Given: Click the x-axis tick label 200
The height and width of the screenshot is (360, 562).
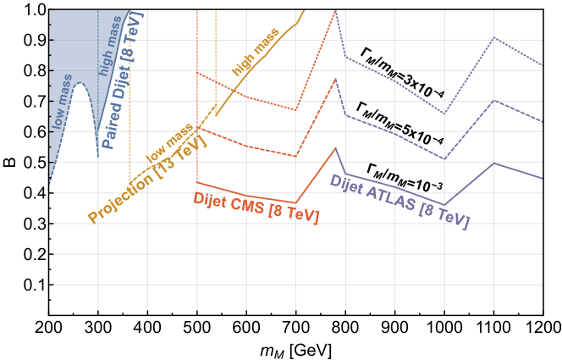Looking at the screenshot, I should [48, 328].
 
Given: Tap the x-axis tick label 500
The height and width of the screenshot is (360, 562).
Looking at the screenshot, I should [196, 328].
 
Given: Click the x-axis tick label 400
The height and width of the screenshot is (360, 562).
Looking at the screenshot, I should [147, 328].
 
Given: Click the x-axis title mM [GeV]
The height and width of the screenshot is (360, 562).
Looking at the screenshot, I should [296, 349].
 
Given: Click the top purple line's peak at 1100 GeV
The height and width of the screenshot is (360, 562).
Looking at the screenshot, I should [493, 37].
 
